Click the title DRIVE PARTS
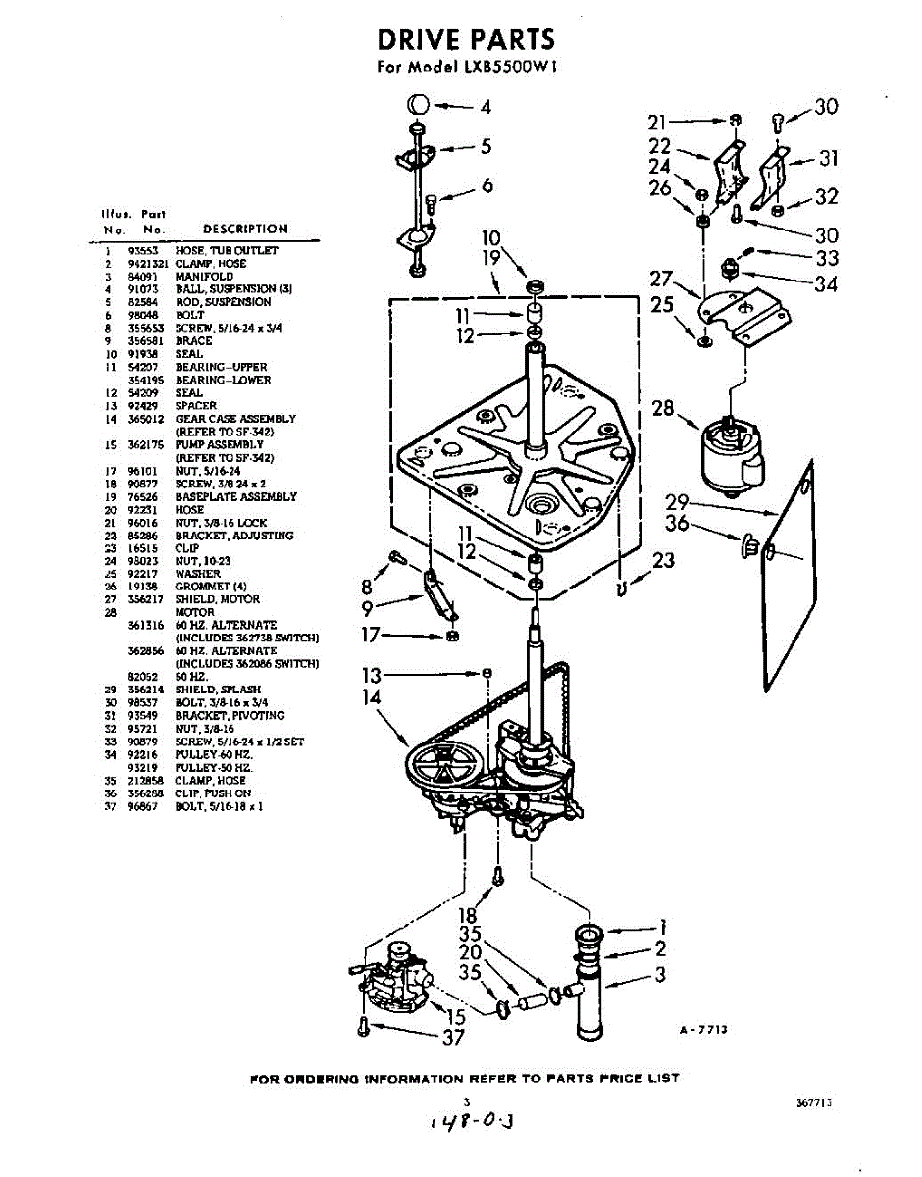coord(466,40)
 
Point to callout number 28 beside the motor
coord(664,406)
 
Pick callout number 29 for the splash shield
coord(677,501)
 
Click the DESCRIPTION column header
coord(245,229)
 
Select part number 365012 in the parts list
coord(143,419)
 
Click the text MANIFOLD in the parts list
coord(204,277)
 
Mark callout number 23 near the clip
coord(664,560)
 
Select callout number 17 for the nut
coord(370,635)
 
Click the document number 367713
coord(814,1102)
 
